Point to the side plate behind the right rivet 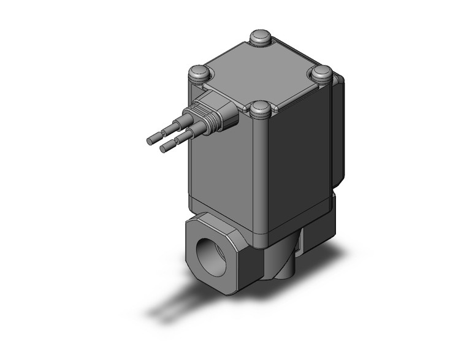click(337, 135)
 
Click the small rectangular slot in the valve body click(299, 245)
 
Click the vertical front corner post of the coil click(260, 178)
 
